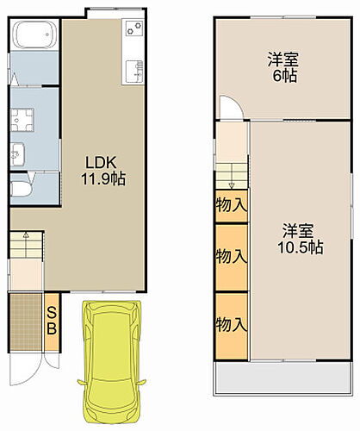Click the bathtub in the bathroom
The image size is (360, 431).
34,37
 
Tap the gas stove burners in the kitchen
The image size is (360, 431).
133,33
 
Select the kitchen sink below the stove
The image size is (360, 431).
133,71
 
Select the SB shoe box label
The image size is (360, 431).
52,320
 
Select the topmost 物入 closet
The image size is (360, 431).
231,205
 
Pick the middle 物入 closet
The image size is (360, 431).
231,256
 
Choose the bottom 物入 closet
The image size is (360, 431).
231,325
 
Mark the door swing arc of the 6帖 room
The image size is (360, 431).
231,106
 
